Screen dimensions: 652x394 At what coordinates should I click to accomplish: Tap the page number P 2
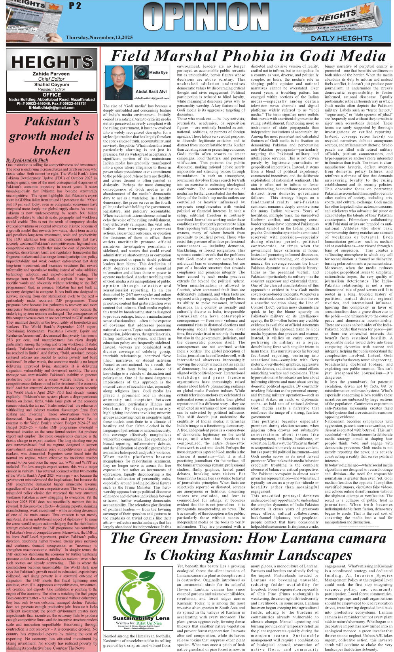(75, 6)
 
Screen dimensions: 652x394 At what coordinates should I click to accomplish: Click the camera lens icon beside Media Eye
(141, 72)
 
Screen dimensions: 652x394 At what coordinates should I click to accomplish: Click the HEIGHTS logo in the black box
(52, 63)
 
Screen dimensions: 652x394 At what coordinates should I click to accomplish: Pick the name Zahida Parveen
(51, 74)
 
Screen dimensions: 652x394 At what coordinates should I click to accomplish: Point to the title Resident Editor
(51, 89)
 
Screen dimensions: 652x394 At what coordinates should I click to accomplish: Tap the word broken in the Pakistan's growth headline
(51, 151)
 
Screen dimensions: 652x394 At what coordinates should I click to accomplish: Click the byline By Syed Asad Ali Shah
(27, 160)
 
